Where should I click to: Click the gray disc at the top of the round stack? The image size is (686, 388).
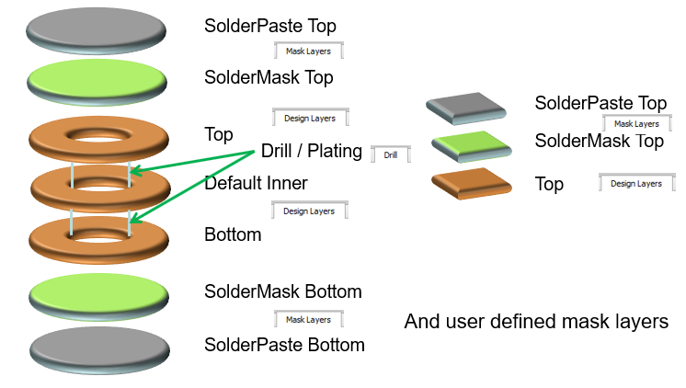[x=96, y=30]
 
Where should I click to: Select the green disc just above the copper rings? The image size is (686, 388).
[x=97, y=82]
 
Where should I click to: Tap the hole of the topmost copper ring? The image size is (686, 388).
[x=99, y=134]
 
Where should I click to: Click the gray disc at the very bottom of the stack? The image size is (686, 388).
[x=99, y=350]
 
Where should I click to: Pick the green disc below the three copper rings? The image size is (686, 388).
[x=98, y=298]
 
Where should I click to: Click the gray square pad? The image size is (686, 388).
[x=466, y=108]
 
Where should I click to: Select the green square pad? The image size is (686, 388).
[x=472, y=146]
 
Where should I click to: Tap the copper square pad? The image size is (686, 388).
[x=472, y=184]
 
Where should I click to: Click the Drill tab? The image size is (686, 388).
[x=391, y=154]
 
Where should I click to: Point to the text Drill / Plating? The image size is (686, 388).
[x=312, y=151]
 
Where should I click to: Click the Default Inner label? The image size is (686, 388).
[x=256, y=183]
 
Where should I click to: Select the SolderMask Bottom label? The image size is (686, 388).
[x=283, y=291]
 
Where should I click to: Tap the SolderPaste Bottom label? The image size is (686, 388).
[x=284, y=345]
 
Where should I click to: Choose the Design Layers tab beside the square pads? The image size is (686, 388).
[x=636, y=183]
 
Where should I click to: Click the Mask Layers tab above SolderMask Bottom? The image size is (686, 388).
[x=308, y=319]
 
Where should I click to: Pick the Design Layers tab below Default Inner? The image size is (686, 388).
[x=309, y=211]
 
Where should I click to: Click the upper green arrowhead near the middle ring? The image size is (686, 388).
[x=135, y=171]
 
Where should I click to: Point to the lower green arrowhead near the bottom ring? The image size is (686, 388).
[x=135, y=218]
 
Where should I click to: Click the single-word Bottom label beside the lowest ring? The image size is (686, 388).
[x=233, y=234]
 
